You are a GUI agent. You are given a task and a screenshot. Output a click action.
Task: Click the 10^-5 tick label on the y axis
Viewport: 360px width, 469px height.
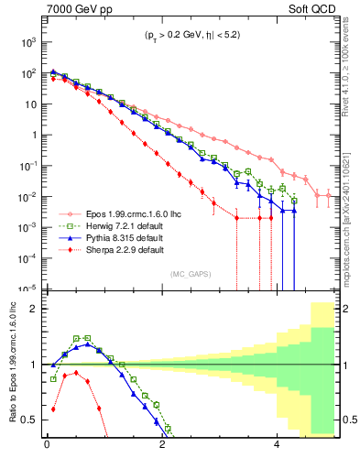tap(27, 289)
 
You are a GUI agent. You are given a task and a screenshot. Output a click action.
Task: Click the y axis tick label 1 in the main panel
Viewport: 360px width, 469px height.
tap(32, 135)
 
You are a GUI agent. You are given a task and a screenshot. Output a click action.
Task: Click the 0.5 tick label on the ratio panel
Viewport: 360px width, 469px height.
tap(27, 420)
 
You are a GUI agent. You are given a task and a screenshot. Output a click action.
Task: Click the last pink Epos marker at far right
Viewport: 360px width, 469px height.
tap(329, 195)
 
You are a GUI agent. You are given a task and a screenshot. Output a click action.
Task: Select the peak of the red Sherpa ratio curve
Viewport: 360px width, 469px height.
tap(76, 373)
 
